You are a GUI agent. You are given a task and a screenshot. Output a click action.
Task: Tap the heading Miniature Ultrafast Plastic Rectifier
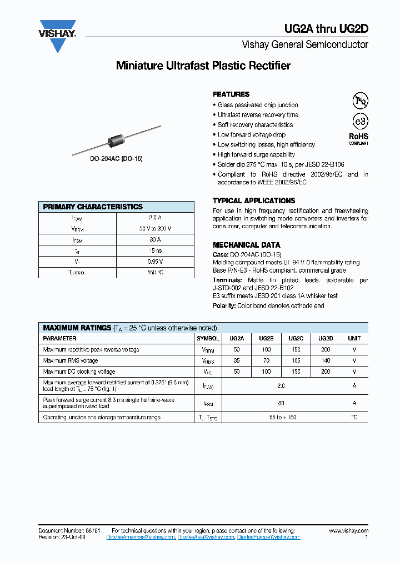click(203, 66)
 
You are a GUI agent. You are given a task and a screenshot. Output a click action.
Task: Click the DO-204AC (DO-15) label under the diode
click(117, 159)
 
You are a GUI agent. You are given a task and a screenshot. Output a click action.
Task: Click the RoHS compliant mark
click(358, 138)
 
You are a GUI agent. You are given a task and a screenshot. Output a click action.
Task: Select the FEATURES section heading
click(231, 94)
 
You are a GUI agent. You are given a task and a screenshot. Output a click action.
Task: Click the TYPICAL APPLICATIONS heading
click(254, 200)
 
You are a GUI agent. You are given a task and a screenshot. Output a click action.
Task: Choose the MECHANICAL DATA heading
click(246, 245)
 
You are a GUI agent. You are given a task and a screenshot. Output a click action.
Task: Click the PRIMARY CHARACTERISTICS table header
click(93, 207)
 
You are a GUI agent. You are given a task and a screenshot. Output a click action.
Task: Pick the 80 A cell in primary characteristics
click(155, 239)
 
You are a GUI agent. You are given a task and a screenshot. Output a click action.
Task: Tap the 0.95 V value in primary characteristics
click(155, 262)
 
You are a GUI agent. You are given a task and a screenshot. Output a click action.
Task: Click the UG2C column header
click(296, 338)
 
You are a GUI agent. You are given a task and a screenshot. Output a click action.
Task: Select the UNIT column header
click(354, 338)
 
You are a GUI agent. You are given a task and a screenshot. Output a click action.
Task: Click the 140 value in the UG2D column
click(326, 360)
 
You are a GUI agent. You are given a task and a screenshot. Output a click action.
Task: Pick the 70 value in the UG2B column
click(267, 360)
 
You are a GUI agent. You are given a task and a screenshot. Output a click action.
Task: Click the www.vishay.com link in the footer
click(348, 531)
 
